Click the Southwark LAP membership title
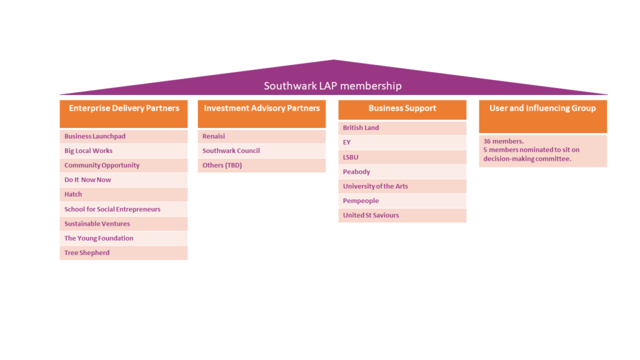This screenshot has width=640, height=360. click(332, 86)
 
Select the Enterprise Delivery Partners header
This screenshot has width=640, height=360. click(124, 108)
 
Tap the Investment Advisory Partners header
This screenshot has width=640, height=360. click(262, 108)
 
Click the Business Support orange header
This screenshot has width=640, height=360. click(402, 108)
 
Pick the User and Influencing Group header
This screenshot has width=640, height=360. click(542, 108)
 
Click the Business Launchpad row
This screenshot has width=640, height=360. click(95, 136)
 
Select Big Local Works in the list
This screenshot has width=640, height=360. click(89, 151)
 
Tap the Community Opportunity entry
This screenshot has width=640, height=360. click(102, 166)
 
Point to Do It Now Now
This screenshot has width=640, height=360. click(87, 180)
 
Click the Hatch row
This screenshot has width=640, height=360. click(73, 194)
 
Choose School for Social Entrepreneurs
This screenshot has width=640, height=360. click(112, 209)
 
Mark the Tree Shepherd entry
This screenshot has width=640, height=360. click(87, 253)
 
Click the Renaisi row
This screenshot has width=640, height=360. click(214, 136)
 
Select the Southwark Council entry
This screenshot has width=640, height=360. click(231, 151)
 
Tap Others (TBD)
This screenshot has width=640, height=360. click(222, 166)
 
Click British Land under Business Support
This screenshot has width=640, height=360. click(361, 128)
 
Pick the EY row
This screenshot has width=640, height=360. click(347, 142)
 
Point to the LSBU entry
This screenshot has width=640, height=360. click(351, 157)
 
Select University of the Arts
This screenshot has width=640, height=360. click(375, 186)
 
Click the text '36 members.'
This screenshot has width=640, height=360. click(503, 141)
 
